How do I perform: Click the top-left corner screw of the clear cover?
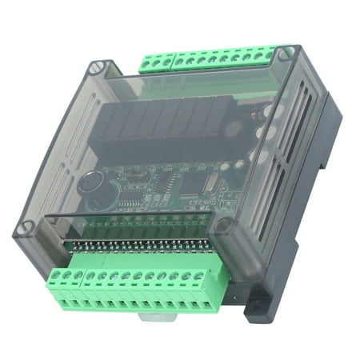(x=98, y=67)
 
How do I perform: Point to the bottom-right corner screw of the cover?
(x=226, y=226)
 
